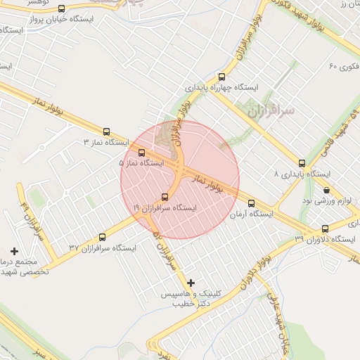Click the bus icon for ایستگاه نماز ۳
tap(107, 131)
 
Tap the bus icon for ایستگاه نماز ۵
tap(142, 152)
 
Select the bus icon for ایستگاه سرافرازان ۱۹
tap(165, 197)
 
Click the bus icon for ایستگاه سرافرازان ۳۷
tap(103, 237)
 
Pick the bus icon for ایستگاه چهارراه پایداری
tap(222, 77)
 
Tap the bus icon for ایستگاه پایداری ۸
tap(302, 162)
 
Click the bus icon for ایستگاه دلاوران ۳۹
tap(325, 229)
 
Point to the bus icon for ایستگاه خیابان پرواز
tap(62, 9)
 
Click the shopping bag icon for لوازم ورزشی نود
tap(326, 190)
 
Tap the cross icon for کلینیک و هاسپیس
tap(191, 283)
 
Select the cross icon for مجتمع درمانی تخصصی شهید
tap(14, 251)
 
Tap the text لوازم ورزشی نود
tap(326, 201)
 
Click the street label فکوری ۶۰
tap(344, 66)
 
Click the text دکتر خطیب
tap(191, 304)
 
